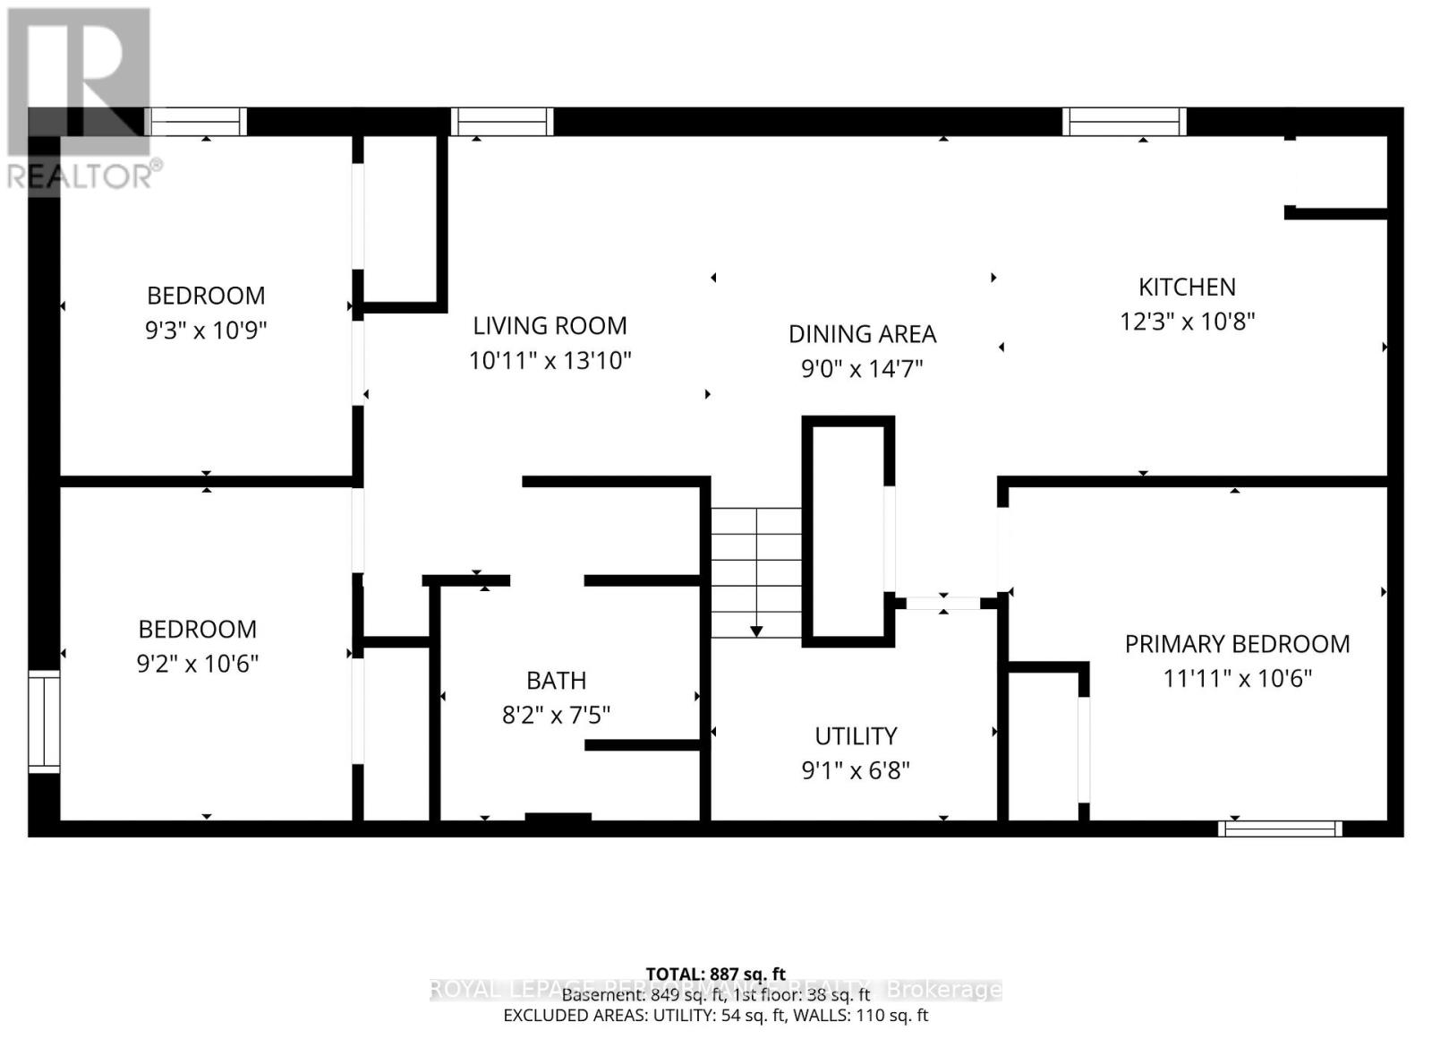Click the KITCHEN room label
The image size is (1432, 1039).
[x=1187, y=287]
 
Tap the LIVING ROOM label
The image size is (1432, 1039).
[x=550, y=325]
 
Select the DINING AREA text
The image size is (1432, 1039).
[x=862, y=334]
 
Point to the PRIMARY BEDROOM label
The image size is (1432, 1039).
[x=1237, y=644]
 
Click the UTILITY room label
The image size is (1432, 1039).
[x=856, y=736]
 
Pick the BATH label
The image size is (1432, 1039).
[x=556, y=681]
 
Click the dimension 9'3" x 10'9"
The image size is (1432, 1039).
[x=206, y=331]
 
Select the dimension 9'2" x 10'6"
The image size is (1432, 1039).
[x=197, y=664]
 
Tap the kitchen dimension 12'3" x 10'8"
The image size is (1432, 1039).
[x=1187, y=322]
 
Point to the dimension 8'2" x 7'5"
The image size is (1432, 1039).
[x=556, y=715]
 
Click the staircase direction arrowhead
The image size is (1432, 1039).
[x=756, y=631]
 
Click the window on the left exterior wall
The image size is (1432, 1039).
[x=44, y=721]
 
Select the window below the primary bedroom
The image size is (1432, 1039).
[x=1280, y=829]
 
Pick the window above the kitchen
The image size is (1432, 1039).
[x=1124, y=121]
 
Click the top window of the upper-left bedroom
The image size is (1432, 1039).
[x=197, y=121]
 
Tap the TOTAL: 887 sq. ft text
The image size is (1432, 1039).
[x=715, y=974]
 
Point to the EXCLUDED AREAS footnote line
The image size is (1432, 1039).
[x=715, y=1015]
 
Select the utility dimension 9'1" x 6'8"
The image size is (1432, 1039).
[x=856, y=770]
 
